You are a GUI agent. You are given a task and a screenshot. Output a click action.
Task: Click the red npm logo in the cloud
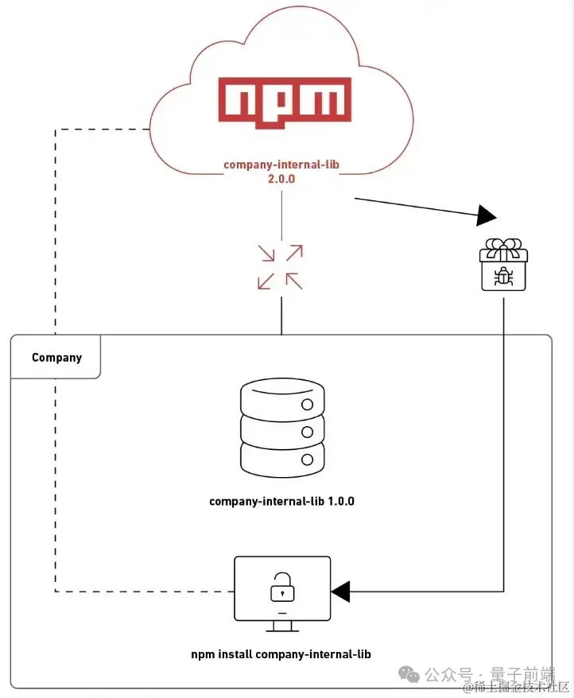[284, 103]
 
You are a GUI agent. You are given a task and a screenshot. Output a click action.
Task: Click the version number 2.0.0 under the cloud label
[281, 180]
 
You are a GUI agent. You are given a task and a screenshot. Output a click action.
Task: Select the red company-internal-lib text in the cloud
[281, 165]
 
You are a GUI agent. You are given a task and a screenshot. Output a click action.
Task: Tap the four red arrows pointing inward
[280, 266]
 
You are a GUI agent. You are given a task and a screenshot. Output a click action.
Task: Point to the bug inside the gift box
[503, 275]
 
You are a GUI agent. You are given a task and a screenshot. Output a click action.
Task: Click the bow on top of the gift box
[503, 247]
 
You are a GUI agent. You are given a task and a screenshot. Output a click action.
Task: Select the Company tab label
[56, 358]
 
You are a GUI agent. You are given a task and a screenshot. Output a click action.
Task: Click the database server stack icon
[282, 428]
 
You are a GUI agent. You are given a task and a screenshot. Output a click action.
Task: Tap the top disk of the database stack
[282, 398]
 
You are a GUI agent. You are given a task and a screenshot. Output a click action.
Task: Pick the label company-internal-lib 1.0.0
[281, 502]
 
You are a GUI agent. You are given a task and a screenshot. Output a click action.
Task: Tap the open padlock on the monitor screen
[281, 588]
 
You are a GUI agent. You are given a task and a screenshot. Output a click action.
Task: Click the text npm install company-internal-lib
[281, 654]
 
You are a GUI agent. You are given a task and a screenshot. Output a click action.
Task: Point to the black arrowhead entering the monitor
[341, 591]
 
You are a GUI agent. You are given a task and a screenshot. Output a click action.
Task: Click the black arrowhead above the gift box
[486, 215]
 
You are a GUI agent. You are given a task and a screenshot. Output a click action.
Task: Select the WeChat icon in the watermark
[410, 674]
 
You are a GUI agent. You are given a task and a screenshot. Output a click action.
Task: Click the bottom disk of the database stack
[282, 459]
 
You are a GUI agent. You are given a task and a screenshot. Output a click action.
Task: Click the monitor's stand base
[282, 630]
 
